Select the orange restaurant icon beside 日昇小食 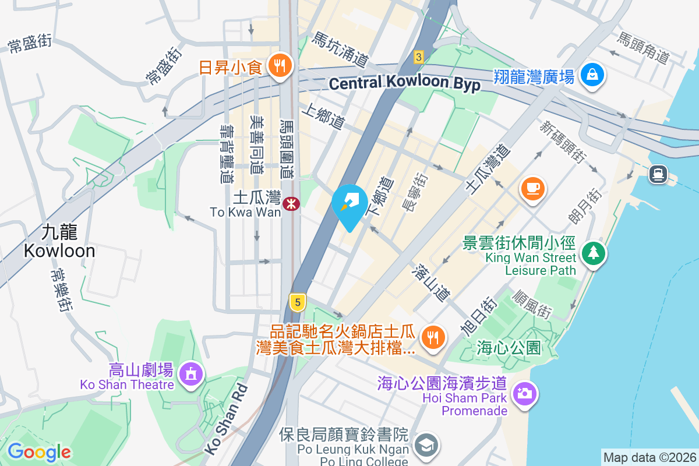[x=280, y=66]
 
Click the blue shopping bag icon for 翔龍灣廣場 [x=592, y=75]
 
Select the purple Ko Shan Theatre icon [x=190, y=373]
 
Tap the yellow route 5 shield [x=298, y=302]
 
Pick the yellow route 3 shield [x=418, y=57]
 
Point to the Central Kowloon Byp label [x=405, y=83]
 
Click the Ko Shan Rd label [x=227, y=418]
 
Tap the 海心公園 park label [x=509, y=348]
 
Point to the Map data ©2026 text [x=649, y=457]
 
